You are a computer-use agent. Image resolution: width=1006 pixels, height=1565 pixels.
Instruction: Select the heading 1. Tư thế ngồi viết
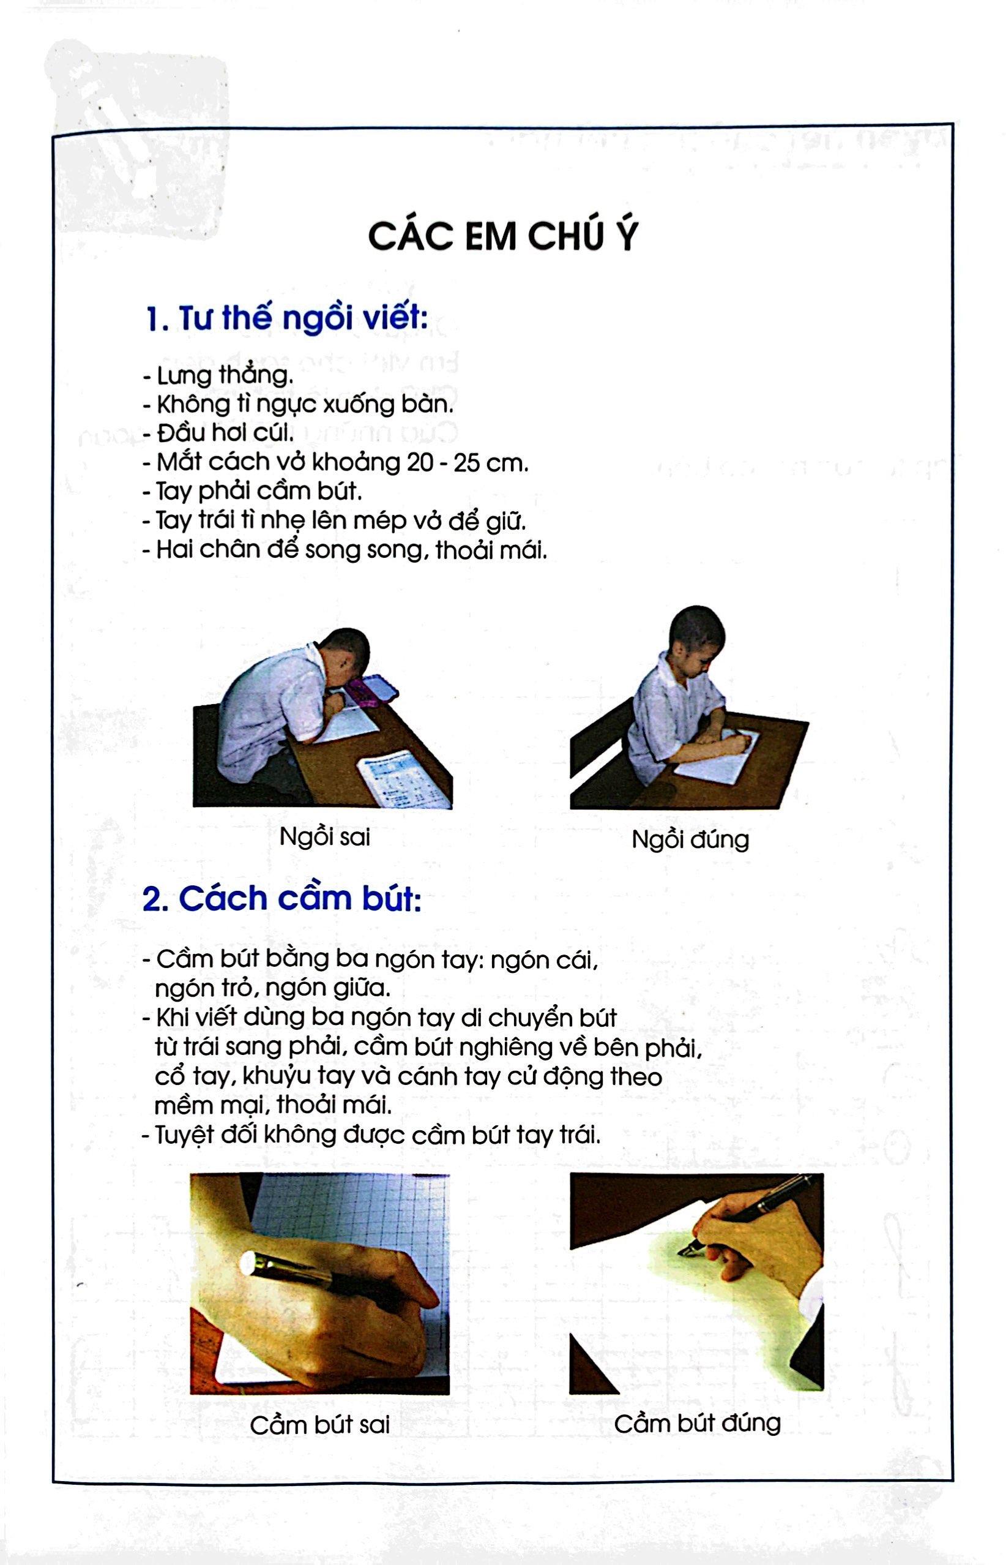click(x=286, y=320)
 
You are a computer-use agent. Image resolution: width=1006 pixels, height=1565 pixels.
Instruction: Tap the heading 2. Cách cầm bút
click(x=281, y=899)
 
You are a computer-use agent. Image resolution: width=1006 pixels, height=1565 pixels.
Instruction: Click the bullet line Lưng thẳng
click(x=217, y=377)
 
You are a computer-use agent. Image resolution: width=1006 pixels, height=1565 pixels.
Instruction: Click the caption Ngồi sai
click(x=325, y=836)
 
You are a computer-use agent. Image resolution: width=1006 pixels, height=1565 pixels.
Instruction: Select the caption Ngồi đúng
click(x=690, y=839)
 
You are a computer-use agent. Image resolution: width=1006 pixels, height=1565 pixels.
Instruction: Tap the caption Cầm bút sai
click(x=319, y=1425)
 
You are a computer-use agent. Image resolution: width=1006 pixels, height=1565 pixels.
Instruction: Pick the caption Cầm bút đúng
click(x=697, y=1422)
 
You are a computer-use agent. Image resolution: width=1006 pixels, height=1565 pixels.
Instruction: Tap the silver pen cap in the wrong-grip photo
click(x=250, y=1263)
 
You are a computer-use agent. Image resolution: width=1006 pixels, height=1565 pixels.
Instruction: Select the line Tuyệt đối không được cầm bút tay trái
click(x=370, y=1136)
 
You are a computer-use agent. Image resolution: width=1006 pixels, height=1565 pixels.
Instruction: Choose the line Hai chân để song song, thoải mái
click(x=345, y=550)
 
